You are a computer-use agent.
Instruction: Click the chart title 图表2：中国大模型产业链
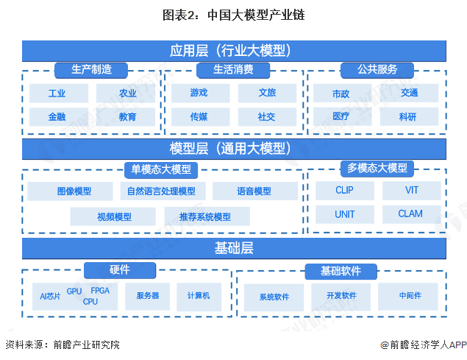[233, 14]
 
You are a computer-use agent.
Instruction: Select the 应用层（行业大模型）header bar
[234, 51]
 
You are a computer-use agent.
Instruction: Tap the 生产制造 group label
[91, 70]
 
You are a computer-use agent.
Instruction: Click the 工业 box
[57, 93]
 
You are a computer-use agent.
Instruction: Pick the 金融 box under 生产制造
[57, 116]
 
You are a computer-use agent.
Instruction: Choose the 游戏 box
[199, 93]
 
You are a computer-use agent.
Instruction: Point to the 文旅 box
[267, 93]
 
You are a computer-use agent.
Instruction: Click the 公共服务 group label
[377, 70]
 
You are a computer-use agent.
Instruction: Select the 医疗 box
[341, 116]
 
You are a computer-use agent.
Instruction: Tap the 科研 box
[409, 116]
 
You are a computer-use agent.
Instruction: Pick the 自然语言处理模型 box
[161, 191]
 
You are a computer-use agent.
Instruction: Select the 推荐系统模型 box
[205, 216]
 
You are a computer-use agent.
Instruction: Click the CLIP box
[344, 190]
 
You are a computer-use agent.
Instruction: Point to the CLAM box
[410, 213]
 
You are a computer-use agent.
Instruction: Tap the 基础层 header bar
[234, 248]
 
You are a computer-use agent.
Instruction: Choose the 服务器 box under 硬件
[147, 295]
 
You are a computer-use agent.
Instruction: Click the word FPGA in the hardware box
[100, 291]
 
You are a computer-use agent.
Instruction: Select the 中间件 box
[410, 296]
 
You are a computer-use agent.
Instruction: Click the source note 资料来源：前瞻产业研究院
[63, 345]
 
